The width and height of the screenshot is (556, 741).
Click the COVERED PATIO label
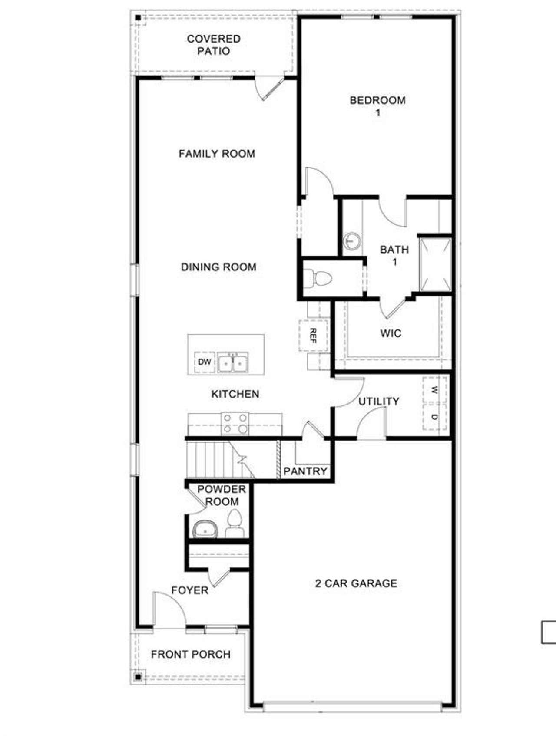(x=213, y=45)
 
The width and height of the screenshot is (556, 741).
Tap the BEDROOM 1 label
(x=377, y=106)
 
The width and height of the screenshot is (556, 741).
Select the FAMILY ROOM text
(x=217, y=154)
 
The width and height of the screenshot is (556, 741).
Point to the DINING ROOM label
(x=218, y=267)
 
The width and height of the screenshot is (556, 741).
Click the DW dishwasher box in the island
(x=205, y=362)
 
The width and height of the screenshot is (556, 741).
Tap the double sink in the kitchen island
(x=233, y=363)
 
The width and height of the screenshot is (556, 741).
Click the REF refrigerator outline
(x=313, y=336)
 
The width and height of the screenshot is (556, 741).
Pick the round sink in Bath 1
(x=352, y=240)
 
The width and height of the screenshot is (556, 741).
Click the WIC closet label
(x=391, y=333)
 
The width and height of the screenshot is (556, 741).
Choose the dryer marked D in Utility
(x=434, y=417)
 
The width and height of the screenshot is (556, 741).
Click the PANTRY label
(x=305, y=471)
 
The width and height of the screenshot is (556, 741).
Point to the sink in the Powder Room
(x=205, y=529)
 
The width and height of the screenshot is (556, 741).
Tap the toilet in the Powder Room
(x=235, y=524)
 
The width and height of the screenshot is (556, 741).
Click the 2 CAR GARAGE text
(x=356, y=583)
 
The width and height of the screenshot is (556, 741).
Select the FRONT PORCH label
(x=191, y=654)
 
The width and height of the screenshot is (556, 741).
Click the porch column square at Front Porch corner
(x=138, y=677)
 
